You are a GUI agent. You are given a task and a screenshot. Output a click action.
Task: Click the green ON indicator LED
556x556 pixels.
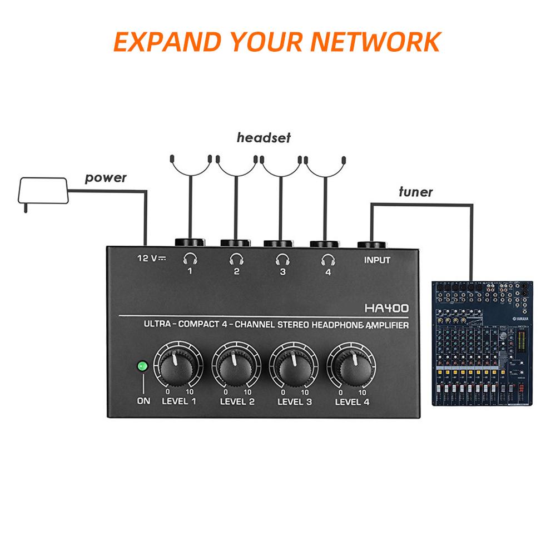tap(142, 367)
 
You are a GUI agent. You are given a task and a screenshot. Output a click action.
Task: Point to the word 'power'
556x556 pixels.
tap(106, 178)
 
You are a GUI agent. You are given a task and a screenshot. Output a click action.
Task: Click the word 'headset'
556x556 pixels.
tap(264, 138)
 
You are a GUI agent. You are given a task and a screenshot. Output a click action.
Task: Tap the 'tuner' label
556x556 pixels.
tap(415, 192)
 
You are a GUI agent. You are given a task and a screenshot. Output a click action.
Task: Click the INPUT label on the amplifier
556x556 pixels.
tap(377, 260)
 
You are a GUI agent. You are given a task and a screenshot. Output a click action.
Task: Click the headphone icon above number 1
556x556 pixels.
tap(191, 259)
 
